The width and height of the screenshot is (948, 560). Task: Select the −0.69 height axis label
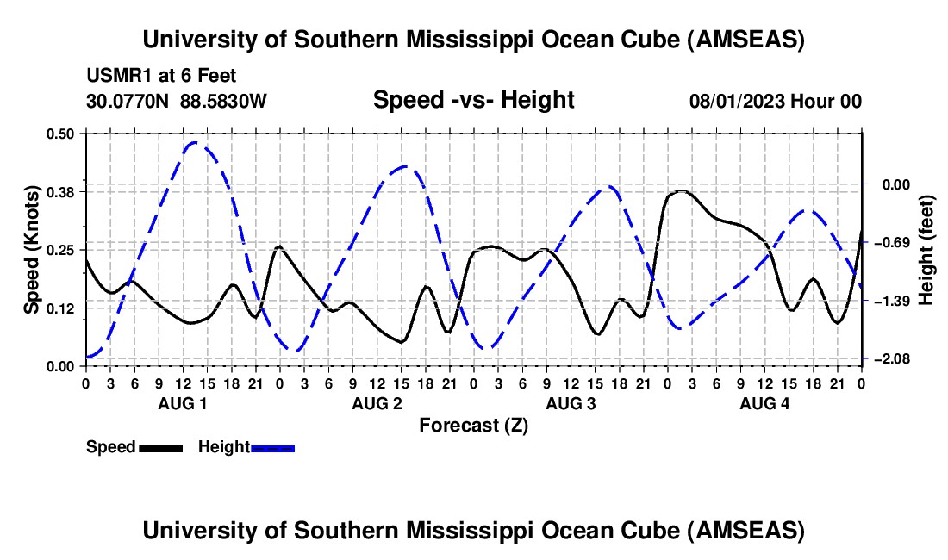pos(889,242)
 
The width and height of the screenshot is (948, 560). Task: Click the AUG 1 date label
pos(184,403)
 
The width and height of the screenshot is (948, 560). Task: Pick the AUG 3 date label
pos(571,403)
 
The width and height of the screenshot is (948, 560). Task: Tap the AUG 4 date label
pos(765,403)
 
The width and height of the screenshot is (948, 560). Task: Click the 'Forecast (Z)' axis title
pos(473,425)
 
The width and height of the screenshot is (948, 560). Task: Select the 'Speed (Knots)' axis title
pos(31,249)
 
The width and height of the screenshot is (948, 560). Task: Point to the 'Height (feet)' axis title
pos(926,249)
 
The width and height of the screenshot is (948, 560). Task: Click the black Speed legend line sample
pos(160,447)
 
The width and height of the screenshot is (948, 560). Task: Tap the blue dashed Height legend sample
pos(273,447)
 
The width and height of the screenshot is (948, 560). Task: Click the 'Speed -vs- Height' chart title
pos(473,100)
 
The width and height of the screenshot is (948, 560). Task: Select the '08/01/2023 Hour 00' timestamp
pos(775,101)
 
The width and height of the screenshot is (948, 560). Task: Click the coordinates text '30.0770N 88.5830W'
pos(177,101)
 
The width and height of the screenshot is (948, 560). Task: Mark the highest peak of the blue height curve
pos(194,143)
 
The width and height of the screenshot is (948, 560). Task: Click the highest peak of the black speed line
pos(682,190)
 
